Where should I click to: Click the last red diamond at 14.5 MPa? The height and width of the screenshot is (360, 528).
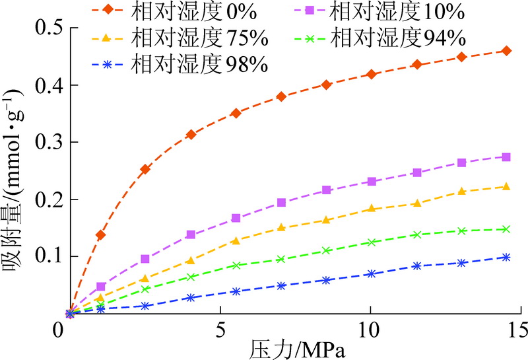(506, 51)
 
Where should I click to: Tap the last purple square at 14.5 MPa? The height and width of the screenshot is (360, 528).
(506, 157)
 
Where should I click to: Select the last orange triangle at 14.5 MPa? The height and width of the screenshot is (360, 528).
(506, 186)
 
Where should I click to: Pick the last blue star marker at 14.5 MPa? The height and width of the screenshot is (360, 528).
(506, 257)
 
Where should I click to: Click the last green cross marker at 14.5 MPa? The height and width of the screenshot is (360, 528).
(506, 229)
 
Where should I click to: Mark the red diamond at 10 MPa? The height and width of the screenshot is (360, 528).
(372, 74)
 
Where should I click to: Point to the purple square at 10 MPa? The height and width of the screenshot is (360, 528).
(372, 181)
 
